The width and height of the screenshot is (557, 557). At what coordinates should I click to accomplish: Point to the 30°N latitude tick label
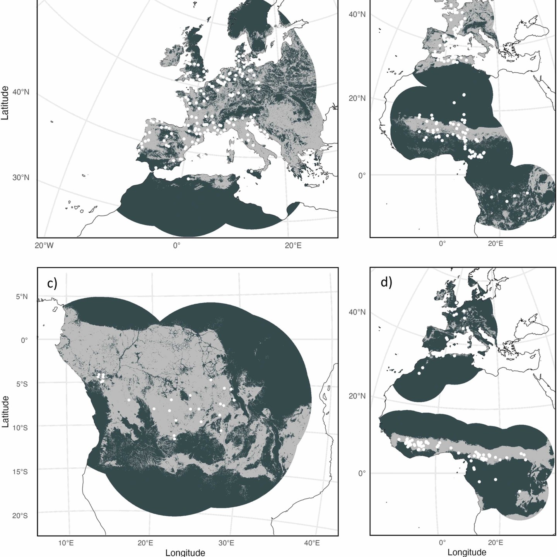click(x=21, y=178)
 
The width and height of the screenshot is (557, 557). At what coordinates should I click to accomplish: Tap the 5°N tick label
click(x=22, y=297)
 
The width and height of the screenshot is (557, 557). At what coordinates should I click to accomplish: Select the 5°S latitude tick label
click(x=22, y=384)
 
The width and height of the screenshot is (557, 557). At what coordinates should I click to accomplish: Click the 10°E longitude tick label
click(x=66, y=543)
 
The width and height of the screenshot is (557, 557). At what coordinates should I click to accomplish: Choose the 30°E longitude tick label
click(x=226, y=543)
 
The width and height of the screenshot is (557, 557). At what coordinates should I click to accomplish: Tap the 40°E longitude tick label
click(x=312, y=543)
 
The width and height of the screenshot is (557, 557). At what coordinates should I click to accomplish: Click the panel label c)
click(x=52, y=284)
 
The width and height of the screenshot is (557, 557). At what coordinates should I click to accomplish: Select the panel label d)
click(x=386, y=282)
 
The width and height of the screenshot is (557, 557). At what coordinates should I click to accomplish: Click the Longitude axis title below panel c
click(x=185, y=552)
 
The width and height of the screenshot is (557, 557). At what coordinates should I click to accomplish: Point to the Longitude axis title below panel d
click(x=467, y=552)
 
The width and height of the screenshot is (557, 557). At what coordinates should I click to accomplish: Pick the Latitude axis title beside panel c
click(x=5, y=411)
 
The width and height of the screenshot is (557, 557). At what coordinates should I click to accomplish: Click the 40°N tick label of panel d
click(x=357, y=312)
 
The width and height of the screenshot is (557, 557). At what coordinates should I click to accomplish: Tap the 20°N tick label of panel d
click(x=357, y=396)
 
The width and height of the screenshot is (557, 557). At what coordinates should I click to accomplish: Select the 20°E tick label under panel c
click(x=145, y=543)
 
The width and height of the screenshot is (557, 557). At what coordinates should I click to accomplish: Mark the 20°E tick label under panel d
click(x=498, y=543)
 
